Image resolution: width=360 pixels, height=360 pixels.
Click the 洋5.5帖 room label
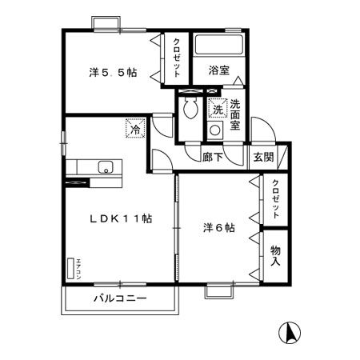coord(112,73)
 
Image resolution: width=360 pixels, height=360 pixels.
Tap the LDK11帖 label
coord(121,219)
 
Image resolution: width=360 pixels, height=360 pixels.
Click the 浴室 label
coord(219,70)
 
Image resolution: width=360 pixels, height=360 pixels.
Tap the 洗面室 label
coord(235,113)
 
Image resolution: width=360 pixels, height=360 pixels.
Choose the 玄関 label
coord(264,157)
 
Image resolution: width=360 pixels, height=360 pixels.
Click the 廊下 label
coord(212,157)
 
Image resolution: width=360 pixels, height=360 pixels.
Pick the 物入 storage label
coord(275,256)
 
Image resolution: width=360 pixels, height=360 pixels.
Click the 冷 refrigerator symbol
coord(135,127)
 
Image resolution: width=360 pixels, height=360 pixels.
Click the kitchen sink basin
coord(104,167)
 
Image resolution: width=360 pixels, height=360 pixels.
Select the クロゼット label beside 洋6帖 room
coord(275,200)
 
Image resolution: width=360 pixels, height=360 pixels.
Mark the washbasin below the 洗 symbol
coord(214,130)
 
